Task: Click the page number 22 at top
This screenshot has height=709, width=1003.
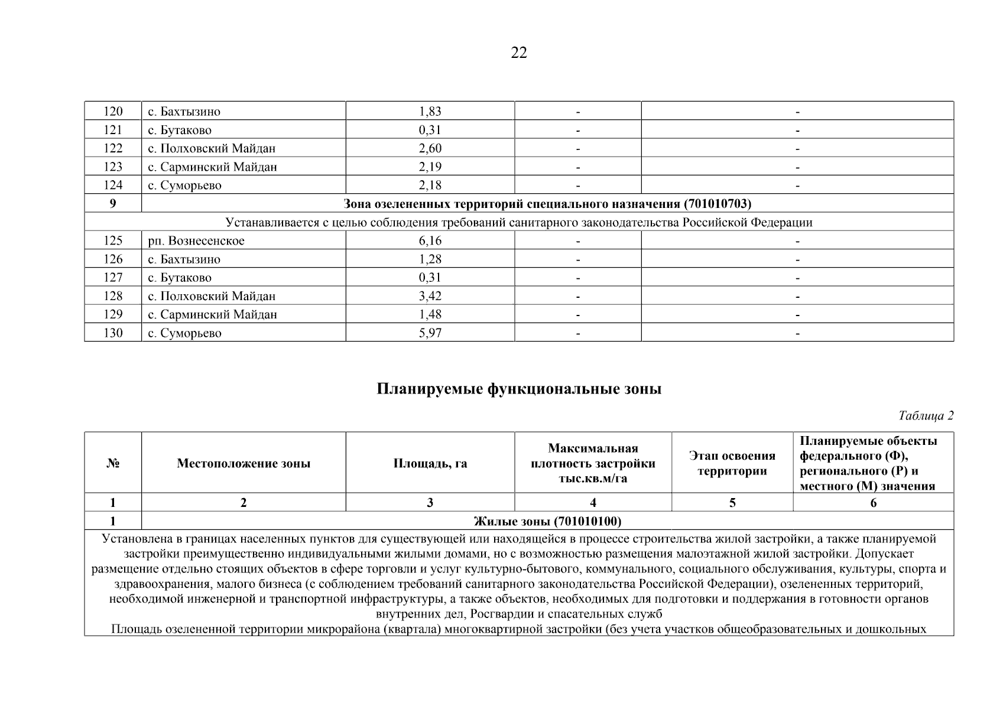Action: pos(518,53)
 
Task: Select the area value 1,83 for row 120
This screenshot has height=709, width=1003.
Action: pos(430,111)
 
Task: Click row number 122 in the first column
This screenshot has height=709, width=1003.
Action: pos(113,148)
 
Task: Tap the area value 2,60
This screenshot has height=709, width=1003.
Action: pos(430,148)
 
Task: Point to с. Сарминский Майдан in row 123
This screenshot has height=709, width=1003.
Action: pos(212,167)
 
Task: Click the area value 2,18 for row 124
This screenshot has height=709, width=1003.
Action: pos(430,185)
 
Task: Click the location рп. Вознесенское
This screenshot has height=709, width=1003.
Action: pos(196,240)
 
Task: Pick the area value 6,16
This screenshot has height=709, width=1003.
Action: pos(430,240)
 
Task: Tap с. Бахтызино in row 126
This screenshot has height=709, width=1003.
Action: pos(184,259)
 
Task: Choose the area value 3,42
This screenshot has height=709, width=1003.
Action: pos(430,296)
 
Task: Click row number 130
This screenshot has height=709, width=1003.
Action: pos(113,333)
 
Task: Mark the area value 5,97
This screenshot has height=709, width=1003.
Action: pos(430,333)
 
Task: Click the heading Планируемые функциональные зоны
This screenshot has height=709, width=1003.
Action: pos(518,389)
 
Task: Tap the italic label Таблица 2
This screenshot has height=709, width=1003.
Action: pos(926,415)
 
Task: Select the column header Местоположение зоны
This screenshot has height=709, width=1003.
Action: pos(243,463)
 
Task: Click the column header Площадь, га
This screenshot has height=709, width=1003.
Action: pos(430,463)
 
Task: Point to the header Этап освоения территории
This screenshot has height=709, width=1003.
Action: pos(732,463)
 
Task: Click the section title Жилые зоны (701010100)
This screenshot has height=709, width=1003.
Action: pos(547,521)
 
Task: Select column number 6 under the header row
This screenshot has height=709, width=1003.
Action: pos(873,503)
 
